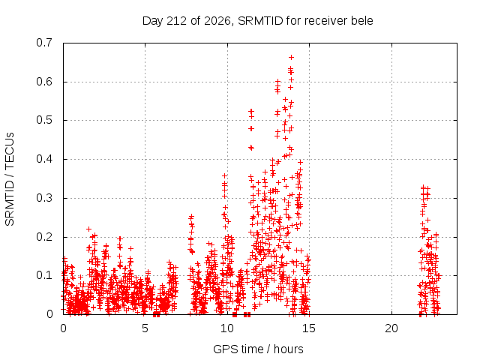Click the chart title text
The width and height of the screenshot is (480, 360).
pyautogui.click(x=258, y=21)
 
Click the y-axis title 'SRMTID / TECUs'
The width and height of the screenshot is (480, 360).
pyautogui.click(x=10, y=179)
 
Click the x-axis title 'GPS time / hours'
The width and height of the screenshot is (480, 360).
pyautogui.click(x=258, y=349)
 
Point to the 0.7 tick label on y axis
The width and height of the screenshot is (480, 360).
pyautogui.click(x=44, y=43)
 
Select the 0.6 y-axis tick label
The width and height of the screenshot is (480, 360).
pyautogui.click(x=44, y=82)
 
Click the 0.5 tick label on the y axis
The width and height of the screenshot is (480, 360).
pyautogui.click(x=44, y=120)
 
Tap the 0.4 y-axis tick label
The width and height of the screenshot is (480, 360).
pyautogui.click(x=44, y=159)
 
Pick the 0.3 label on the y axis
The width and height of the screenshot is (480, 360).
pyautogui.click(x=44, y=198)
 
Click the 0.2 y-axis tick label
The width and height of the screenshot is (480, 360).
pyautogui.click(x=44, y=237)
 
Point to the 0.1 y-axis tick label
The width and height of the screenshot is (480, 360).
pyautogui.click(x=44, y=275)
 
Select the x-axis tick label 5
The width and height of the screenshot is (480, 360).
pyautogui.click(x=145, y=328)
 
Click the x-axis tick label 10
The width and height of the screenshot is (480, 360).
pyautogui.click(x=227, y=328)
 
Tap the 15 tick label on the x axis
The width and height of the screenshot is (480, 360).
pyautogui.click(x=309, y=328)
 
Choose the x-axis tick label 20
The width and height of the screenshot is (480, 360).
pyautogui.click(x=391, y=328)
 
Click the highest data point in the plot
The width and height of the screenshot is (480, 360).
pyautogui.click(x=292, y=57)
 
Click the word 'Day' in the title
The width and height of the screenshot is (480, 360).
pyautogui.click(x=153, y=21)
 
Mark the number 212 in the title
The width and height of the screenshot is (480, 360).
pyautogui.click(x=177, y=21)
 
